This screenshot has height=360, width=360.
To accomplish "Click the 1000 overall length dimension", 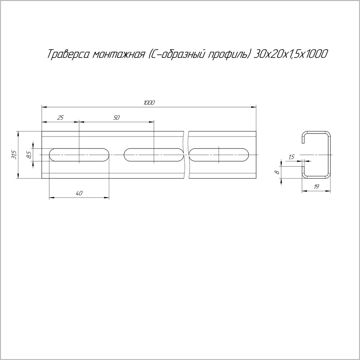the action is pyautogui.click(x=149, y=103).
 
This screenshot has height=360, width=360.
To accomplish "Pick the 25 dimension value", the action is pyautogui.click(x=60, y=118).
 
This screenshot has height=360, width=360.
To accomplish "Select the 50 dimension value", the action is pyautogui.click(x=116, y=118).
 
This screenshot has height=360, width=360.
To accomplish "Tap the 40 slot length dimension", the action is pyautogui.click(x=79, y=193).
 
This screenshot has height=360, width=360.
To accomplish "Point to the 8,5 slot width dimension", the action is pyautogui.click(x=29, y=155).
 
